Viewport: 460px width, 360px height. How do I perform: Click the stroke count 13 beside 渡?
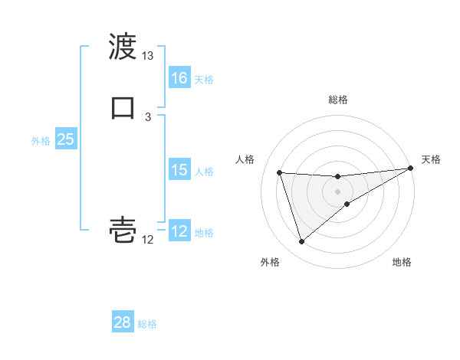pyautogui.click(x=148, y=56)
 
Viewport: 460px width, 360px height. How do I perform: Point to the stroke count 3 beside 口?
pyautogui.click(x=148, y=116)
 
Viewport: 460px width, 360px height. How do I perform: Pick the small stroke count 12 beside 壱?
pyautogui.click(x=148, y=240)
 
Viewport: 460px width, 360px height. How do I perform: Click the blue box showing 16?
pyautogui.click(x=179, y=78)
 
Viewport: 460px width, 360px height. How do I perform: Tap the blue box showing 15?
pyautogui.click(x=179, y=170)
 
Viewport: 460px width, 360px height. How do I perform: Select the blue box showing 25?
pyautogui.click(x=66, y=139)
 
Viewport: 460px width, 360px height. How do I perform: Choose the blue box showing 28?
pyautogui.click(x=123, y=322)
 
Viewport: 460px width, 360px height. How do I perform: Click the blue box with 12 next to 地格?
pyautogui.click(x=179, y=231)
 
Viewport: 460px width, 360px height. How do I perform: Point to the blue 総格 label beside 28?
pyautogui.click(x=147, y=324)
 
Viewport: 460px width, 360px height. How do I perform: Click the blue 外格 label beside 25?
pyautogui.click(x=41, y=141)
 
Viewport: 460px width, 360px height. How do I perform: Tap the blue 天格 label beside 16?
pyautogui.click(x=204, y=80)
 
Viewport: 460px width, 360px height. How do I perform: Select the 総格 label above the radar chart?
pyautogui.click(x=337, y=100)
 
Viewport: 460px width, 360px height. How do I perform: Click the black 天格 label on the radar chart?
pyautogui.click(x=431, y=159)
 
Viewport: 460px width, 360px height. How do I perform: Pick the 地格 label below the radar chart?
pyautogui.click(x=402, y=262)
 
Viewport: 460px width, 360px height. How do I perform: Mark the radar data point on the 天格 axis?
pyautogui.click(x=411, y=169)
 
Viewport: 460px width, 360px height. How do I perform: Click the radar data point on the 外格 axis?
pyautogui.click(x=301, y=242)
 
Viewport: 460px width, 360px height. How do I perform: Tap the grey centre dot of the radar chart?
pyautogui.click(x=337, y=191)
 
